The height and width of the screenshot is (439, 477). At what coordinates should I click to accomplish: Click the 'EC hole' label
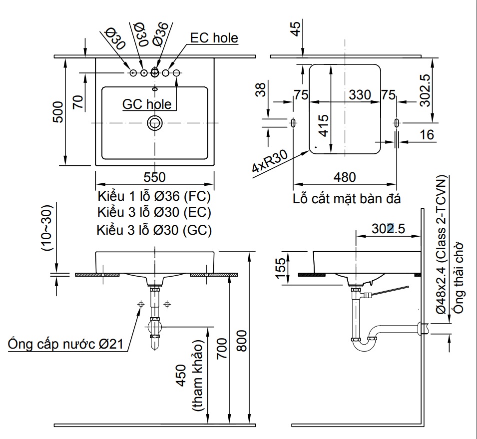[214, 38]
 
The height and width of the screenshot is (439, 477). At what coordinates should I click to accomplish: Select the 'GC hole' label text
[147, 104]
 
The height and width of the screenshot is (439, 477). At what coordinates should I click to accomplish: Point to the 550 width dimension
[154, 177]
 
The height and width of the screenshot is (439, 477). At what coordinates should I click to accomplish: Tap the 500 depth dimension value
[58, 111]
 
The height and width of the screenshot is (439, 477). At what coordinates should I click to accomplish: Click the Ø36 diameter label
[160, 33]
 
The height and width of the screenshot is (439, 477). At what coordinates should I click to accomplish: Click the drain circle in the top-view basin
[155, 123]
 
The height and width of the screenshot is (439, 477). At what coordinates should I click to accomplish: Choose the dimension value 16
[427, 134]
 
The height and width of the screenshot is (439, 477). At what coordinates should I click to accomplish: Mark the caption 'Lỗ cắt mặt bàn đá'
[347, 198]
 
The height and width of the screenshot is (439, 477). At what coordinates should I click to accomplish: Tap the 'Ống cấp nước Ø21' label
[65, 344]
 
